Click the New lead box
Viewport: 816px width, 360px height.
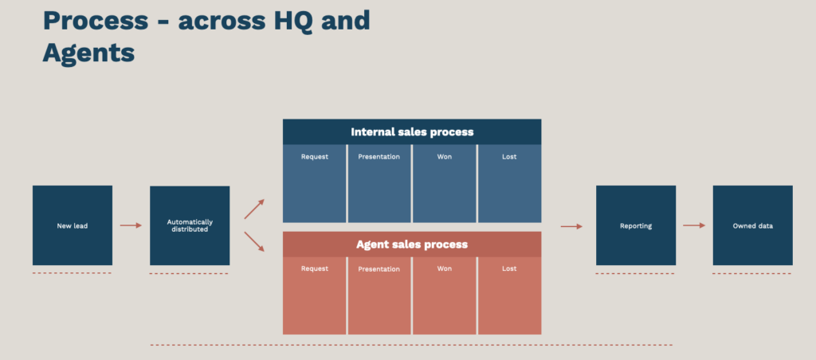[73, 225]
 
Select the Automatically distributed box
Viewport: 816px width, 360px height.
[190, 225]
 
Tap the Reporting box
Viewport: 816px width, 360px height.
[636, 225]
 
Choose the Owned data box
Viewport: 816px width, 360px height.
[753, 225]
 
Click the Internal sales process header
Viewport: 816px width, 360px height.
[412, 131]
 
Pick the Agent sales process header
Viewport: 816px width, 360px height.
[412, 244]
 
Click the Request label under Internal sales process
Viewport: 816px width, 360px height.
[314, 157]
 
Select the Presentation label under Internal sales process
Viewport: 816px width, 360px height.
[379, 157]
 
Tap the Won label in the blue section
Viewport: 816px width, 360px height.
[445, 157]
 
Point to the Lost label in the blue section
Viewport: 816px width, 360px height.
[509, 157]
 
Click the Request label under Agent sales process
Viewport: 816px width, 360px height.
[314, 269]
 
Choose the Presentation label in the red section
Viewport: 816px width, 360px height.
[379, 269]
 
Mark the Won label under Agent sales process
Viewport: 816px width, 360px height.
[445, 269]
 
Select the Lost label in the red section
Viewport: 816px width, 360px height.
[509, 269]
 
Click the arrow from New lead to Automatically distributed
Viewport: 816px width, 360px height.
[131, 225]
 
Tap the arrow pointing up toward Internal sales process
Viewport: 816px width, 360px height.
[254, 209]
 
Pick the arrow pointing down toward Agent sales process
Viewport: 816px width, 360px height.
[254, 242]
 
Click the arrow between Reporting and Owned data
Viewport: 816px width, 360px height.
[694, 225]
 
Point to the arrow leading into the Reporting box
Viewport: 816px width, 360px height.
[571, 226]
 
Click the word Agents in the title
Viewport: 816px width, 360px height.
[88, 53]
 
